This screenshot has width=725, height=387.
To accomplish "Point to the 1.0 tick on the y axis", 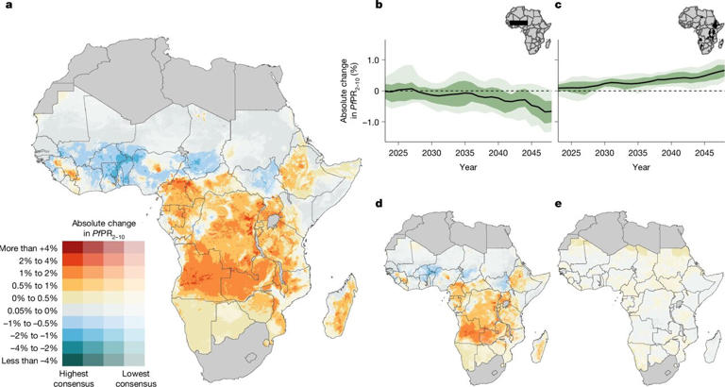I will [375, 60].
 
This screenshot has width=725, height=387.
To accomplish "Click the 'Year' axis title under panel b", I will [466, 167].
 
